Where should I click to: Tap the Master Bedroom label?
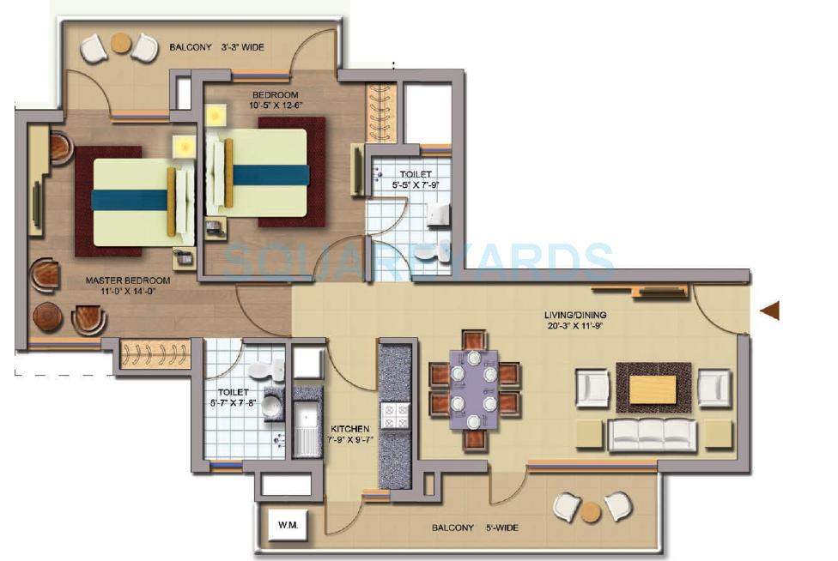[x=127, y=280]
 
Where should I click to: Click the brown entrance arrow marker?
[x=770, y=311]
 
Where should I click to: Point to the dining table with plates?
[x=474, y=389]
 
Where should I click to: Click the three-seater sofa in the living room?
[x=652, y=434]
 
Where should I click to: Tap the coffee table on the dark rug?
[x=653, y=389]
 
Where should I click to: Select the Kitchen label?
[x=350, y=428]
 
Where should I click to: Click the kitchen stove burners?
[x=395, y=416]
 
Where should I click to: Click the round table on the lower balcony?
[x=591, y=511]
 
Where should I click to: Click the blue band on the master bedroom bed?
[x=131, y=201]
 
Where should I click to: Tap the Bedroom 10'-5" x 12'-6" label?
[x=275, y=99]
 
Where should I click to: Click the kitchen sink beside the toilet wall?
[x=305, y=426]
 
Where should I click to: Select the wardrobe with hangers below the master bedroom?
[x=147, y=354]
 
